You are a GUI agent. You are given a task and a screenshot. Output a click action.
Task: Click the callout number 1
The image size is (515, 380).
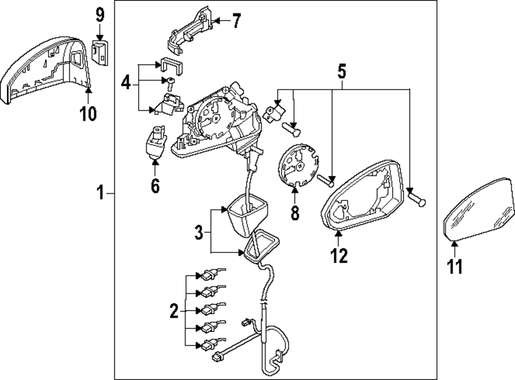pos(101,194)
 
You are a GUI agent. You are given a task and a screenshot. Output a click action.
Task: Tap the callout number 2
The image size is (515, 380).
pos(174,310)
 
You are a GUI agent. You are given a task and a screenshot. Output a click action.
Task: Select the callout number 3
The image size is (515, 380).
pos(199,233)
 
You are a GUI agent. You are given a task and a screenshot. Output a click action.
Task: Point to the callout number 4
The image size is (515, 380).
pos(126,83)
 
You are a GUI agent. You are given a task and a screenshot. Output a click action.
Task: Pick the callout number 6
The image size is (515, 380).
pos(155,185)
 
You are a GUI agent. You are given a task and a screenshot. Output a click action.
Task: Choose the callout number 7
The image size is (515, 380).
pos(236,21)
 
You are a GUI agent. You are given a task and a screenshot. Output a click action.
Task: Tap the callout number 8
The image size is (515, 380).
pos(295,213)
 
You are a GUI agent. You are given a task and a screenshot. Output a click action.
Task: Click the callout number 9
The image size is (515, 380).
pos(100,15)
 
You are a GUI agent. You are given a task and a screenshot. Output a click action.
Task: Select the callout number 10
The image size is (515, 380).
pos(89,113)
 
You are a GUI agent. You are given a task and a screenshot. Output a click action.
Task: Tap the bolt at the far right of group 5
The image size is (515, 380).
pos(416,197)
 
